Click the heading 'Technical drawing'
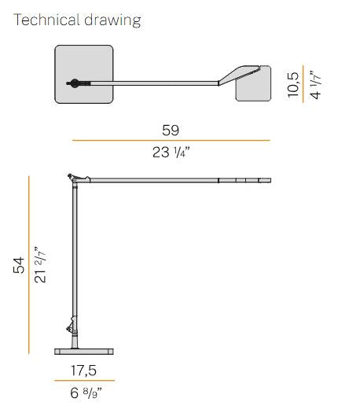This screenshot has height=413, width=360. (x=78, y=20)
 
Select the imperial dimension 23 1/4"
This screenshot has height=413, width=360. (x=171, y=152)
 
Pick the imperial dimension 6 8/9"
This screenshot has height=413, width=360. (x=83, y=391)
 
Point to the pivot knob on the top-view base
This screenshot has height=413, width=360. (x=73, y=83)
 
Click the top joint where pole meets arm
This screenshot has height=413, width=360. (x=75, y=181)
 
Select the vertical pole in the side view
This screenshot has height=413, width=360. (x=76, y=260)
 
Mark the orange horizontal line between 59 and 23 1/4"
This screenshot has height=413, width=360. (x=171, y=141)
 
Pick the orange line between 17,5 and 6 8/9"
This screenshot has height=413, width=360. (x=83, y=380)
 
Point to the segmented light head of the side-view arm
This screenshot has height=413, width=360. (x=244, y=181)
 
